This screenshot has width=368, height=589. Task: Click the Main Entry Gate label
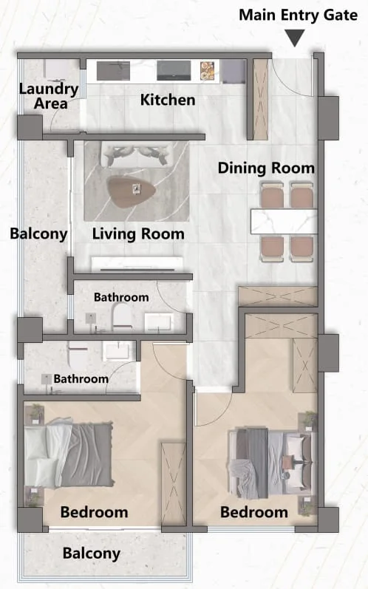[298, 16]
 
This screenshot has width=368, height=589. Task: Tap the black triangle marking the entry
[295, 38]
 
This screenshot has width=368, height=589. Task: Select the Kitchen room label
[168, 100]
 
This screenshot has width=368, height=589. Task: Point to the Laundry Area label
[49, 96]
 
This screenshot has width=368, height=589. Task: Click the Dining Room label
[266, 168]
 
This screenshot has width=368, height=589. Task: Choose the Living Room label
[138, 234]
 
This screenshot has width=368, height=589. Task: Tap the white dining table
[284, 222]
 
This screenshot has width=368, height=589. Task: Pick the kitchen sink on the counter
[113, 71]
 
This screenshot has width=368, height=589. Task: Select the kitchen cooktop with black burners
[174, 71]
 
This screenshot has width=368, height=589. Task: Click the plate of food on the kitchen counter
[207, 71]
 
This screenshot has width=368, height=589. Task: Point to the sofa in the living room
[137, 154]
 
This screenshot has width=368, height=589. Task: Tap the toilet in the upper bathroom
[121, 316]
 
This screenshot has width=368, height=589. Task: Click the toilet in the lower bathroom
[78, 355]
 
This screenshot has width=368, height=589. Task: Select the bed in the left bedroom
[69, 455]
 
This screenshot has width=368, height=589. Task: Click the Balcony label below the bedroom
[92, 554]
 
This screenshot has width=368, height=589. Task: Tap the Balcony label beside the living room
[38, 234]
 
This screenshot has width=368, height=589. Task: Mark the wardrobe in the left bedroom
[174, 484]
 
